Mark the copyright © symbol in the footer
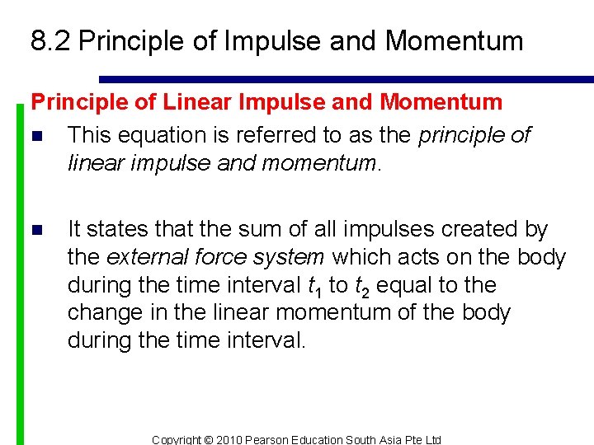click(x=208, y=440)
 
